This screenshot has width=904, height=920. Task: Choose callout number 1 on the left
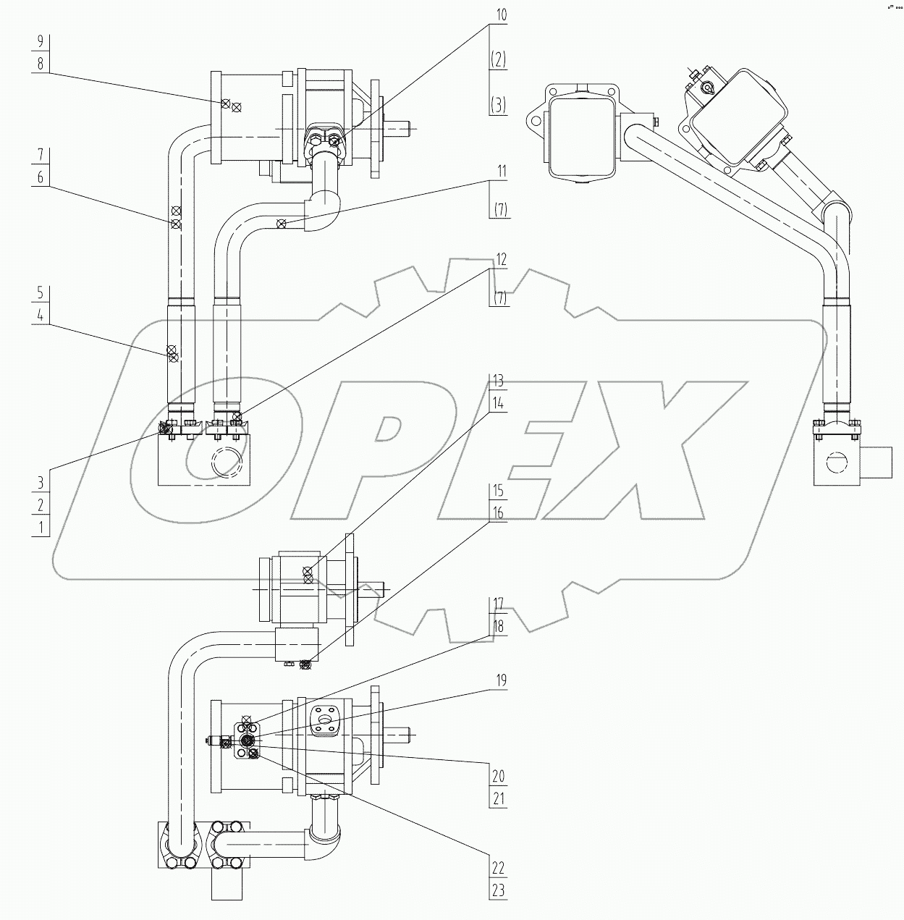[x=41, y=527]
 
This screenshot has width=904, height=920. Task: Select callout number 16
[x=498, y=513]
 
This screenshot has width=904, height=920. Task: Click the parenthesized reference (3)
[x=498, y=106]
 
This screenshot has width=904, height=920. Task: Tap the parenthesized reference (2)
[x=498, y=61]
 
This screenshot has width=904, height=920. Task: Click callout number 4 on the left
[x=41, y=316]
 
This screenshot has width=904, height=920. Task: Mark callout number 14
[x=498, y=404]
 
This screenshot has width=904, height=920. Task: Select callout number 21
[x=498, y=799]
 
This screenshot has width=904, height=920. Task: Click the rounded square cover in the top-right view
[x=582, y=135]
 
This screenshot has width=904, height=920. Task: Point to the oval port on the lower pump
[x=322, y=719]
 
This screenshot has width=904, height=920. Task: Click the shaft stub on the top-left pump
[x=401, y=127]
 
